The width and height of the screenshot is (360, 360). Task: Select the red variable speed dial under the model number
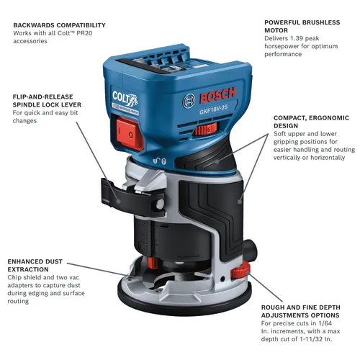205,129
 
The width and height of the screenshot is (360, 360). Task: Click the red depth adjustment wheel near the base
237,274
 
